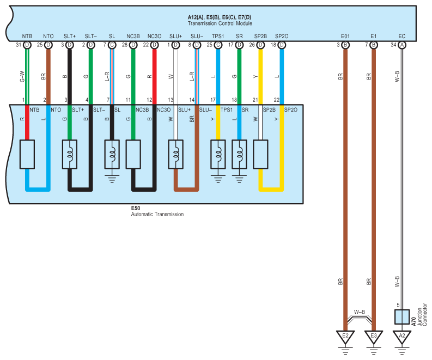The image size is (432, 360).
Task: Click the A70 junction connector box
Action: pyautogui.click(x=402, y=317)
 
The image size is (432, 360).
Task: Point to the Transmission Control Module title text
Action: pyautogui.click(x=220, y=23)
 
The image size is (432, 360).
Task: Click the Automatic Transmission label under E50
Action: pyautogui.click(x=157, y=214)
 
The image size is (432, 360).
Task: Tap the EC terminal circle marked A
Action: pyautogui.click(x=402, y=45)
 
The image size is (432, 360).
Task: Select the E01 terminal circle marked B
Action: pyautogui.click(x=345, y=45)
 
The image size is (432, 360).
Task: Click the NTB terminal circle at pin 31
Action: pyautogui.click(x=27, y=45)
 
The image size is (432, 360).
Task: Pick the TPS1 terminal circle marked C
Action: pyautogui.click(x=218, y=45)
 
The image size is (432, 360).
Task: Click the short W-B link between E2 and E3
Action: pyautogui.click(x=359, y=318)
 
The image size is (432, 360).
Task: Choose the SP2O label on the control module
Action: pyautogui.click(x=282, y=36)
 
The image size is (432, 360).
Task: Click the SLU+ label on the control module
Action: pyautogui.click(x=176, y=36)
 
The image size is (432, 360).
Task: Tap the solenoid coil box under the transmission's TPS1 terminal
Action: pyautogui.click(x=218, y=154)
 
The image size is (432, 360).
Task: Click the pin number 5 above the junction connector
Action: pyautogui.click(x=398, y=305)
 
